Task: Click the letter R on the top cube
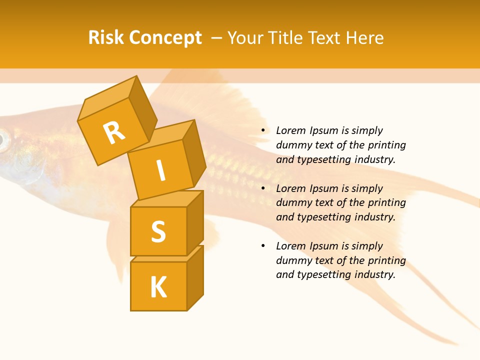point(114,133)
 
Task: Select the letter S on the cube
point(158,231)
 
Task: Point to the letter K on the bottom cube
point(158,287)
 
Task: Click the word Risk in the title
point(106,37)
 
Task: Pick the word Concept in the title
point(165,37)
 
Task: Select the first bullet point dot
point(263,131)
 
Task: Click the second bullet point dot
point(263,189)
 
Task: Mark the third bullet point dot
point(263,246)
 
